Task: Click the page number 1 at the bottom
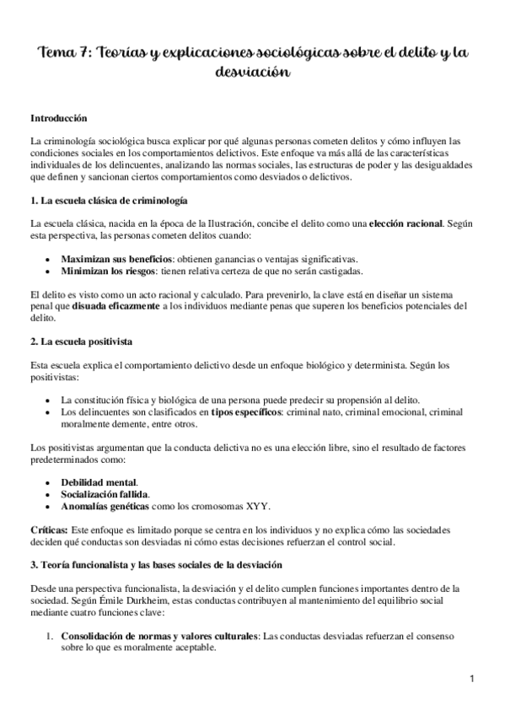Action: pyautogui.click(x=474, y=677)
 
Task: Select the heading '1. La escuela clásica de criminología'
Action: pyautogui.click(x=108, y=202)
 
